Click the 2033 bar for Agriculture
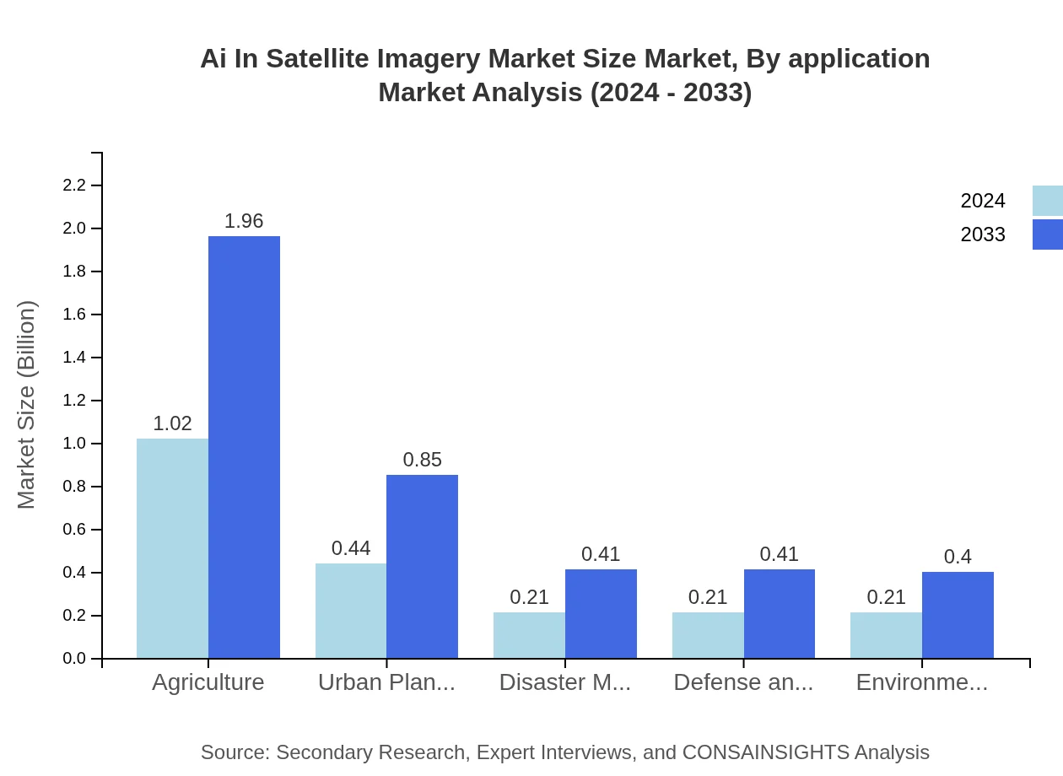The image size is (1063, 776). (x=244, y=447)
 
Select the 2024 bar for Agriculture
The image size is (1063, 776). (x=172, y=548)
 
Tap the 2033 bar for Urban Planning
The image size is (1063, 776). (x=422, y=567)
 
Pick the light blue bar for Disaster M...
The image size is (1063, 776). (x=529, y=635)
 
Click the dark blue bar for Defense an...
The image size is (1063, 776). (x=780, y=614)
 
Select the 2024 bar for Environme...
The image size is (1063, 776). (x=886, y=635)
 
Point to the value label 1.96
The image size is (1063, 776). (x=244, y=221)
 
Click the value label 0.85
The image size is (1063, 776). (x=422, y=460)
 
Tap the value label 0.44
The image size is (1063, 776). (x=351, y=548)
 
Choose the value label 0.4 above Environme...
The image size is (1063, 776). (x=958, y=557)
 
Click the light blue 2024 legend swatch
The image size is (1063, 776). (x=1047, y=201)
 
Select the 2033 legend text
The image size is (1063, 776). (x=983, y=234)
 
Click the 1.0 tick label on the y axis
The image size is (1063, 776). (x=75, y=444)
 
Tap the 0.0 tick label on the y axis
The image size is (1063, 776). (x=75, y=659)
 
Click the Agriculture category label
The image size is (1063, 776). (x=208, y=682)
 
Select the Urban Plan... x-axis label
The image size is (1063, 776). (x=386, y=682)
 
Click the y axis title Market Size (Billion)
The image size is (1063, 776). (x=27, y=405)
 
